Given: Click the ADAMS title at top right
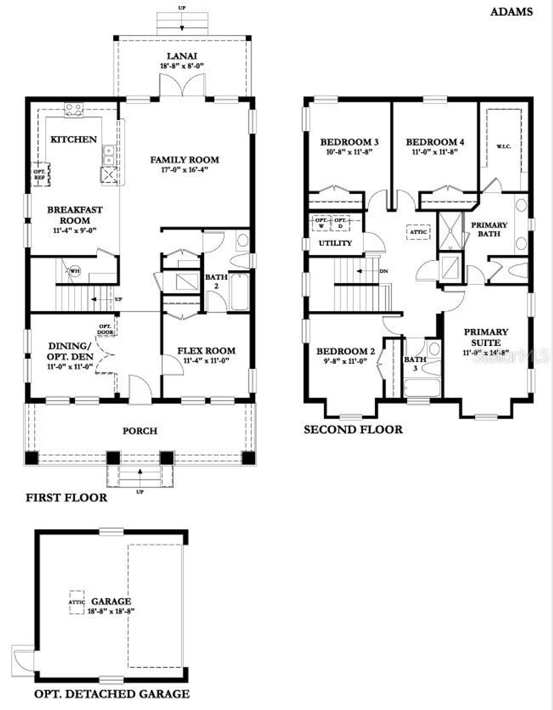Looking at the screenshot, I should (x=511, y=11).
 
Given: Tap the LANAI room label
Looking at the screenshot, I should (x=181, y=56).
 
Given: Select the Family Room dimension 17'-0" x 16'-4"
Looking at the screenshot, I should (x=184, y=170).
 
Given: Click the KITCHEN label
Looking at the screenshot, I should (x=73, y=139).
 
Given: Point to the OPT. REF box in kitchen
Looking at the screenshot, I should (x=39, y=174).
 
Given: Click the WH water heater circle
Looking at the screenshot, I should (x=75, y=270).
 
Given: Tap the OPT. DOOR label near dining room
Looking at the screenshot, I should (x=105, y=329).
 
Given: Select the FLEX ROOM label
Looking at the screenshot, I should (x=206, y=350).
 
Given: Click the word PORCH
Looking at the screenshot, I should (x=140, y=431).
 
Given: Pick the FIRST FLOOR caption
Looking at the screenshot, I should (x=66, y=497).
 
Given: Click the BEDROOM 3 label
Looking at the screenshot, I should (x=349, y=142).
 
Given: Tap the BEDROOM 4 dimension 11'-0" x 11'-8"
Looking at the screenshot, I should (x=435, y=152).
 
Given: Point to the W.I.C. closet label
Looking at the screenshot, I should (x=503, y=146).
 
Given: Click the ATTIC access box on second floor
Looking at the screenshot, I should (x=418, y=232).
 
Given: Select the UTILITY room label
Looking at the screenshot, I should (x=335, y=243).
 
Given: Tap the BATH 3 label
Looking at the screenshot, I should (x=415, y=363).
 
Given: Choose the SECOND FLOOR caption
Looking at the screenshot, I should (x=353, y=430).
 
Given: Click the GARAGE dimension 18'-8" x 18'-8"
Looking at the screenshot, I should (x=111, y=611).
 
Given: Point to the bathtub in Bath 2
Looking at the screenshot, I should (x=239, y=292).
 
